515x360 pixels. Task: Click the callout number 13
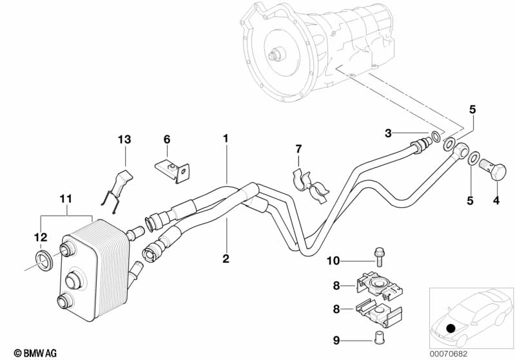[124, 140]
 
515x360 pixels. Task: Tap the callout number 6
[166, 139]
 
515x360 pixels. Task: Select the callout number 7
[298, 149]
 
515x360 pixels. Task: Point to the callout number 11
[66, 199]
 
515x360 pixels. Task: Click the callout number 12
[40, 238]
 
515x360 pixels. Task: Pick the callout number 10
[332, 261]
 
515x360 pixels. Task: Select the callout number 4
[496, 200]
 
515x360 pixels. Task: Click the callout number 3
[388, 133]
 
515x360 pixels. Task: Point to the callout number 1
[226, 138]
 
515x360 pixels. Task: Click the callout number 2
[226, 259]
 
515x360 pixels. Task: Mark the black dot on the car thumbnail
[450, 328]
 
